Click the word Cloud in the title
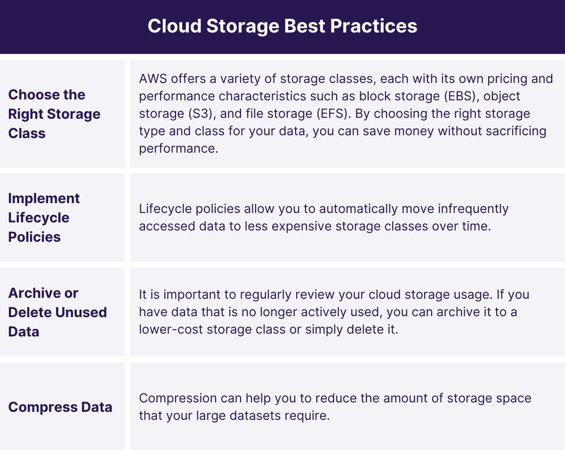coord(174,26)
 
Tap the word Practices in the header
coord(373,26)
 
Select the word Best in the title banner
coord(305,26)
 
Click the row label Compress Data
coord(60,408)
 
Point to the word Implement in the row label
coord(44,198)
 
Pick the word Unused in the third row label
coord(81,312)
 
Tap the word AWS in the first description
coord(153,79)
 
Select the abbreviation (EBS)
coord(460,96)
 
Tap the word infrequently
coord(473,209)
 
